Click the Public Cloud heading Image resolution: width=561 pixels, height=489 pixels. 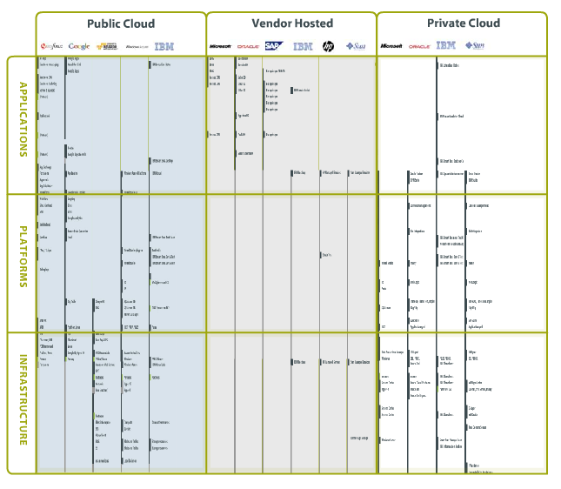click(121, 23)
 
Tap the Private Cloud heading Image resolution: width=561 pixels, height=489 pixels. click(463, 23)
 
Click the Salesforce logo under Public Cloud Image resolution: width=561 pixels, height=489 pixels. click(50, 46)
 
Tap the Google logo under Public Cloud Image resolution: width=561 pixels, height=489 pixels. click(79, 46)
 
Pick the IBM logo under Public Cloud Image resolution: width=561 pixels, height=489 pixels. click(164, 46)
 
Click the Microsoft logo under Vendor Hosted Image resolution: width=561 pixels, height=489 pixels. click(221, 46)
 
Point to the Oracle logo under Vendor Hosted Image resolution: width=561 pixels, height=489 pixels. click(248, 46)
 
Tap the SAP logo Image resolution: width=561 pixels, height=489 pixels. click(274, 45)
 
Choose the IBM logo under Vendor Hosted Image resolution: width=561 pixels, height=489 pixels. click(302, 46)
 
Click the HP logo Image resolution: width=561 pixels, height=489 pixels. click(328, 46)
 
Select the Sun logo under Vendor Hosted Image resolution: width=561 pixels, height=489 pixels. click(355, 46)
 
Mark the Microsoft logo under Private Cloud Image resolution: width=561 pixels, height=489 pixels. click(391, 46)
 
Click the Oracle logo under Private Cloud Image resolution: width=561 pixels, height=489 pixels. click(419, 46)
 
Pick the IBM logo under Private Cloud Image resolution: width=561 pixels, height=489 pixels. click(446, 45)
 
